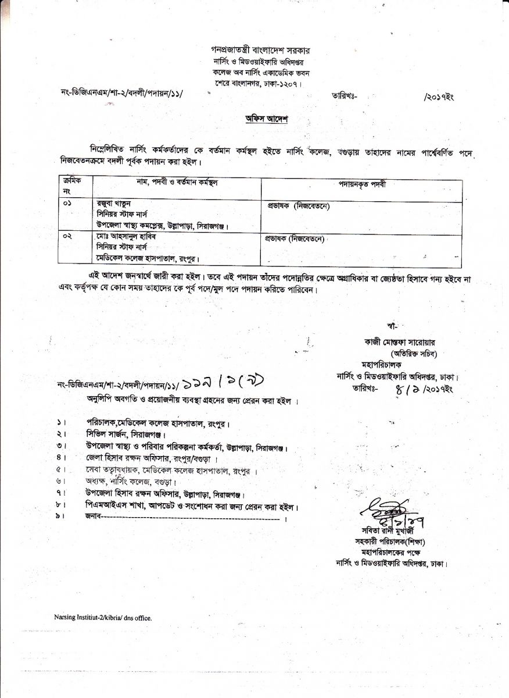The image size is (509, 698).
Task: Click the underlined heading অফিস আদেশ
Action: [266, 119]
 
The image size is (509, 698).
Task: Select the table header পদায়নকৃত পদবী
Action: [362, 184]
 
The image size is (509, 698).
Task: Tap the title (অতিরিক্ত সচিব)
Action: [413, 353]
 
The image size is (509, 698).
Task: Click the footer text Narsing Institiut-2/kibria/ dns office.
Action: [103, 618]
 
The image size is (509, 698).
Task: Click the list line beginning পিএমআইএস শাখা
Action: [192, 506]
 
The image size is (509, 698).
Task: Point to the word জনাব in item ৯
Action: [93, 517]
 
